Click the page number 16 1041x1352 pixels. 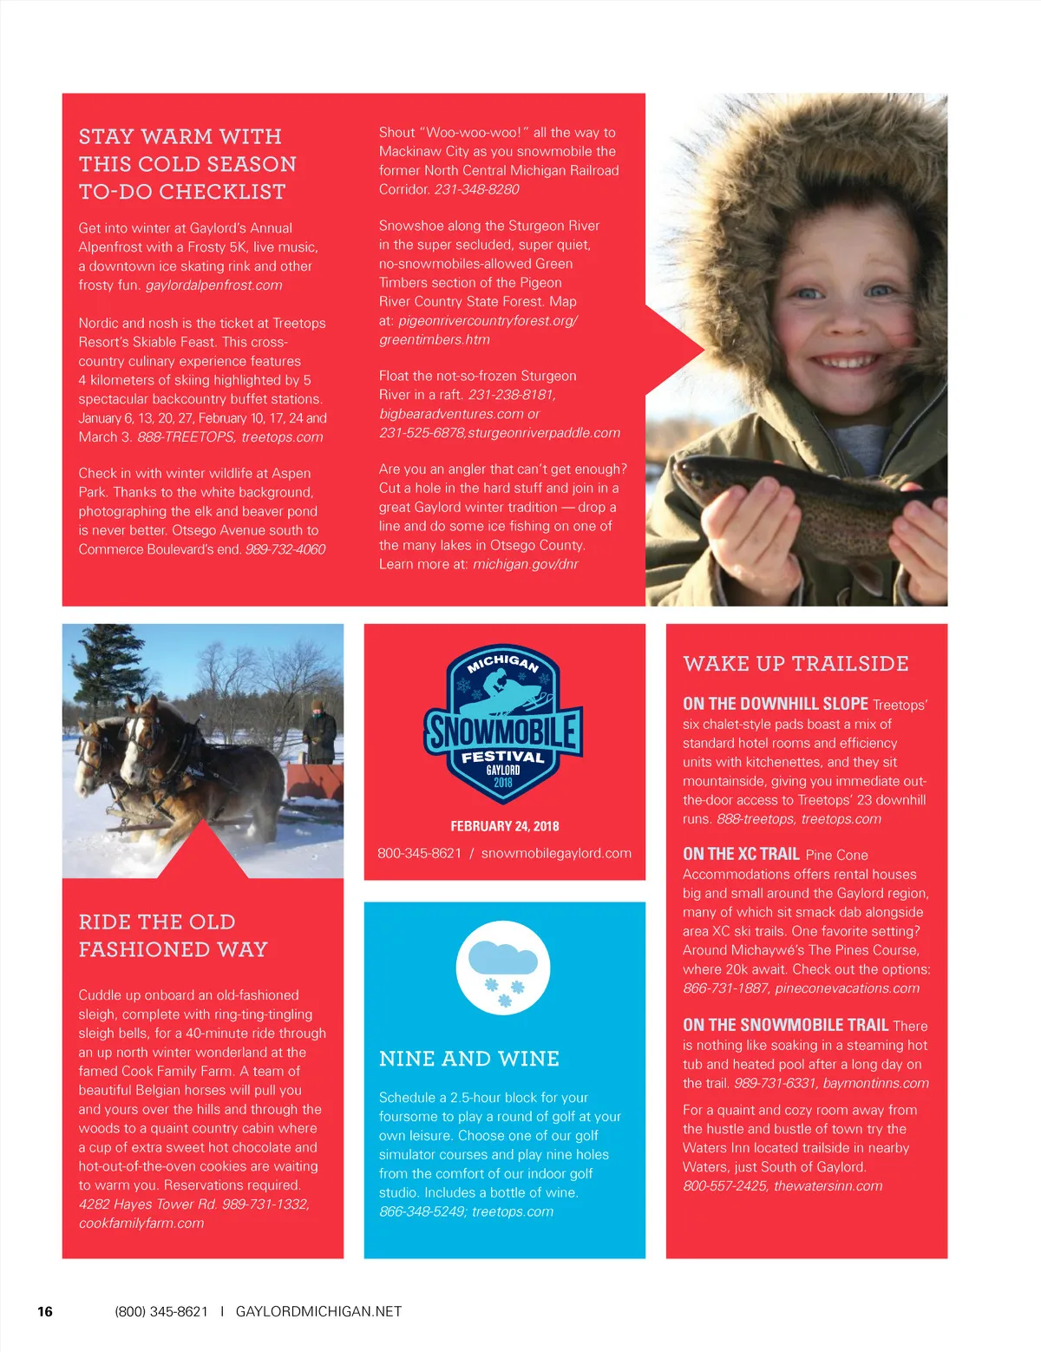pos(45,1311)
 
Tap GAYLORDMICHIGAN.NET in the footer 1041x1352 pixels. pos(318,1311)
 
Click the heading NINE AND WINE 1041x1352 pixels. pos(468,1059)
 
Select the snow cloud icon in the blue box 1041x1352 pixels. pos(503,968)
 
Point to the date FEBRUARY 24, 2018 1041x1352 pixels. pos(504,826)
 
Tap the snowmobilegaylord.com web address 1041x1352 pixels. pos(556,853)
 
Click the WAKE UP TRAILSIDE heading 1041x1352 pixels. pos(795,664)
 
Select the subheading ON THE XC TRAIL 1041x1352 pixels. pos(741,854)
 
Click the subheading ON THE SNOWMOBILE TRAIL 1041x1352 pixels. pos(785,1025)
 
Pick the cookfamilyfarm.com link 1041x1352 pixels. pos(141,1223)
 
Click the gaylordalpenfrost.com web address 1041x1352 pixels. pos(213,285)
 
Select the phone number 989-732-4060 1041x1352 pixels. pos(285,549)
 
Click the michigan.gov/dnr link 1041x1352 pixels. pos(525,564)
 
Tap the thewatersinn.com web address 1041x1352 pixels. pos(828,1185)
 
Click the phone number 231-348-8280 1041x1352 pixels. pos(476,189)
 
